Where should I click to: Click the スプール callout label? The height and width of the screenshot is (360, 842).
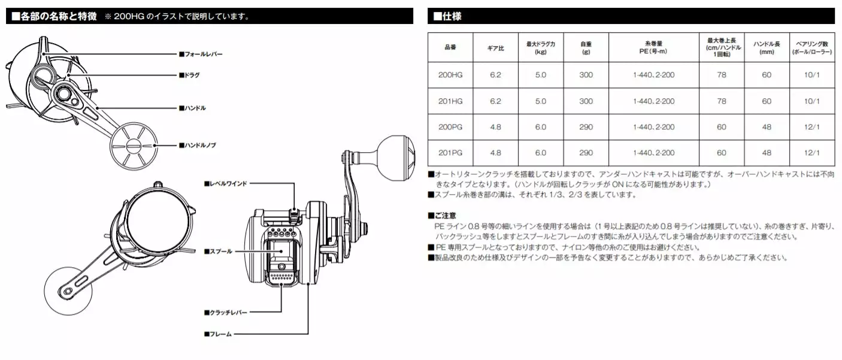(220, 252)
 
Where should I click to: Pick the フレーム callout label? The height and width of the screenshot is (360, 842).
(219, 334)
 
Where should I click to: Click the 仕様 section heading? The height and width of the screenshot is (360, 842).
(447, 16)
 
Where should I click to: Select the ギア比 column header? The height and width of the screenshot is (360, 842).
(495, 47)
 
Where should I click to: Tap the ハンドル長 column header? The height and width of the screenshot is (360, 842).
(767, 47)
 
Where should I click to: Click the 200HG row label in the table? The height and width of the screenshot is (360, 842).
(450, 75)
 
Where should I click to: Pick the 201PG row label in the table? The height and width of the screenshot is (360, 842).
(450, 153)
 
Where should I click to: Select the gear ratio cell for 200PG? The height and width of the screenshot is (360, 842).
(495, 127)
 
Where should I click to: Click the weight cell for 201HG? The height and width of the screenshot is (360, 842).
(586, 101)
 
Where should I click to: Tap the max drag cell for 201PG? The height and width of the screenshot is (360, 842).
(541, 153)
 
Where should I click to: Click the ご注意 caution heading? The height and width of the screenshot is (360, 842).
(443, 215)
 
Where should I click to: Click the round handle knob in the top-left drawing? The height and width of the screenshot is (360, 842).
(133, 146)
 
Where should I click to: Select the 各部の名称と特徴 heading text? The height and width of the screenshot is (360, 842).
(54, 16)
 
